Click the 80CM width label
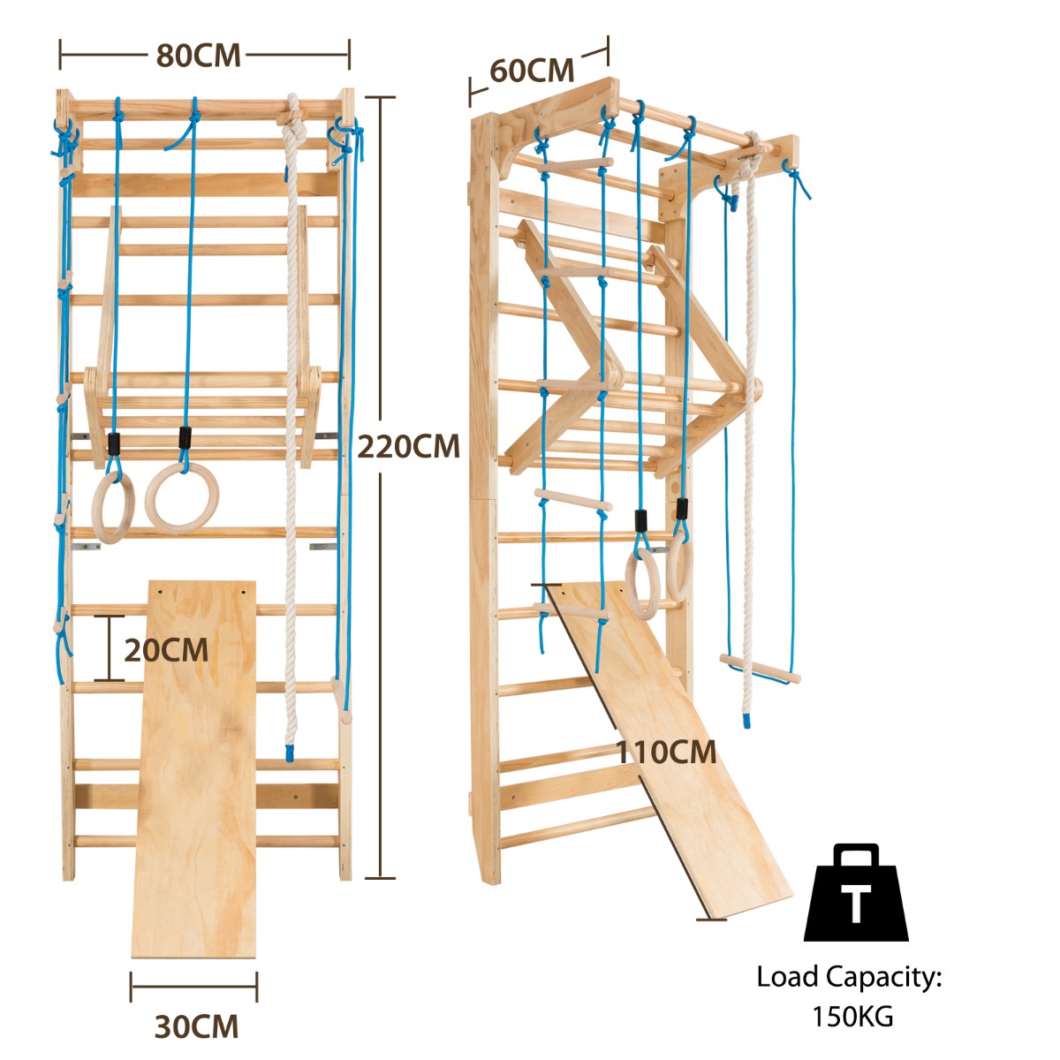click(x=198, y=55)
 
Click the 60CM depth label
click(x=532, y=70)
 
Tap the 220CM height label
click(x=408, y=446)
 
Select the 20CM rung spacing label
click(x=166, y=650)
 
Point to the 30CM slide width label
click(x=196, y=1026)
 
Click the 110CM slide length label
click(x=666, y=753)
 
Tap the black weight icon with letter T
click(x=855, y=894)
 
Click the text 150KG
click(x=852, y=1016)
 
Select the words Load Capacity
click(x=849, y=977)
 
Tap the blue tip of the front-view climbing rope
click(x=289, y=753)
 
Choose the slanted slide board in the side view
click(x=671, y=751)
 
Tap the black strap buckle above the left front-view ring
click(x=113, y=442)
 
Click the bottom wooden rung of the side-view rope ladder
click(x=575, y=611)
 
